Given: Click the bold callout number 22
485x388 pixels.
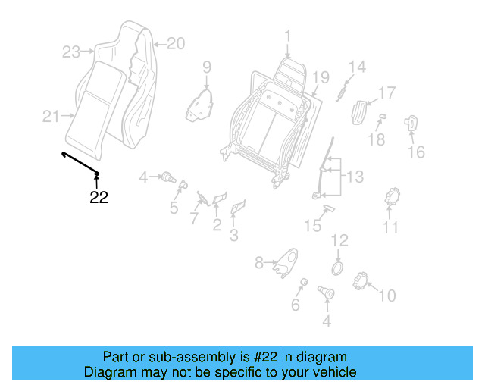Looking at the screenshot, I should (x=99, y=198).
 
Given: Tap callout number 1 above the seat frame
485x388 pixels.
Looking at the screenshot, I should (x=288, y=36).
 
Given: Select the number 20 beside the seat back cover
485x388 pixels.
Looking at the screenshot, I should (x=175, y=43).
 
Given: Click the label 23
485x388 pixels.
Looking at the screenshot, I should (x=71, y=52).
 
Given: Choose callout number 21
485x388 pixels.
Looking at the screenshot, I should (x=51, y=116).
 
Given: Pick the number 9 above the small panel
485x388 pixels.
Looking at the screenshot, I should (x=206, y=69).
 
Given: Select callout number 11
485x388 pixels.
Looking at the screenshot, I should (x=390, y=227).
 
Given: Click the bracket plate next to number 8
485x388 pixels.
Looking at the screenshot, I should (x=286, y=261).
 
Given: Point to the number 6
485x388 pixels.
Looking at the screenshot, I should (x=296, y=305).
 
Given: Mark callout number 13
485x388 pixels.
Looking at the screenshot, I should (x=355, y=177).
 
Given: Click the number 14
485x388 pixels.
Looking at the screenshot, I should (x=356, y=67).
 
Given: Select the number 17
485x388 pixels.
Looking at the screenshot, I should (x=386, y=93).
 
